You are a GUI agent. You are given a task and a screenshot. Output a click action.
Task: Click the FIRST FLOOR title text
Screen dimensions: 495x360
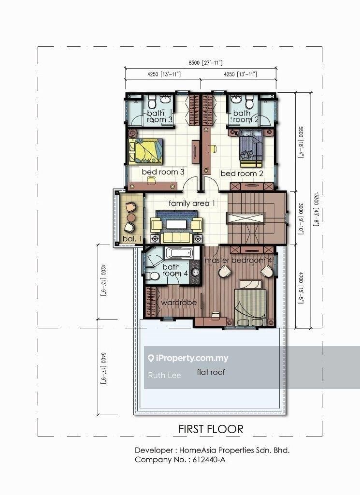(x=211, y=429)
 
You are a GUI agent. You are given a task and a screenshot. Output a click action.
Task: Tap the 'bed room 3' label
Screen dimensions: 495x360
(x=163, y=172)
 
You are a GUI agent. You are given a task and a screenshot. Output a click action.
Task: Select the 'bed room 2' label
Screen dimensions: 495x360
(x=242, y=173)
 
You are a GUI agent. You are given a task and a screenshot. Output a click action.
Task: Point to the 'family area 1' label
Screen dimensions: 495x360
(x=192, y=204)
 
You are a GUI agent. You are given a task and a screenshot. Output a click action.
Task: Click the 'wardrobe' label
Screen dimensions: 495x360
(x=179, y=303)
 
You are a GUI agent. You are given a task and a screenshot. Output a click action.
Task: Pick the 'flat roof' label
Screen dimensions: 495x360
(x=211, y=372)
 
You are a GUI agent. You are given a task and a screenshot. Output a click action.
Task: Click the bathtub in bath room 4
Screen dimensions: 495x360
(x=179, y=253)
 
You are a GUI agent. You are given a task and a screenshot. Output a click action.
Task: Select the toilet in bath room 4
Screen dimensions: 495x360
(x=153, y=276)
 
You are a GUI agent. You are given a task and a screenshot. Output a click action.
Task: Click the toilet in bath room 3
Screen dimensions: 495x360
(x=152, y=102)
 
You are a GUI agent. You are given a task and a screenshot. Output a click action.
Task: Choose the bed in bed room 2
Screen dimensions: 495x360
(x=251, y=145)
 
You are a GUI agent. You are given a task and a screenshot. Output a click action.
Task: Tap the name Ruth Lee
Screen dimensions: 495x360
(x=164, y=375)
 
